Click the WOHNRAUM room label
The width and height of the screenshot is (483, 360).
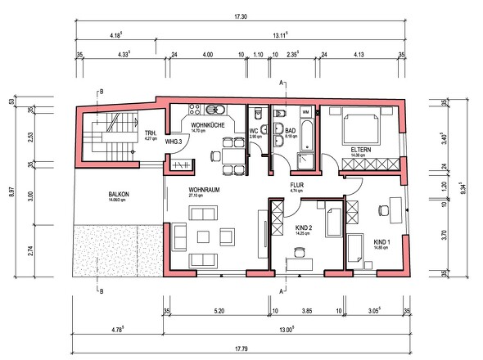185,190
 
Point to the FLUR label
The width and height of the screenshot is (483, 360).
296,186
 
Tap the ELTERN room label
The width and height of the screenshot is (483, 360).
361,150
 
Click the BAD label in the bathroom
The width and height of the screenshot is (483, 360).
290,128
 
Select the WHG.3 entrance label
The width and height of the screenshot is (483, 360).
174,142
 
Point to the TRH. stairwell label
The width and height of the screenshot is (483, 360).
151,133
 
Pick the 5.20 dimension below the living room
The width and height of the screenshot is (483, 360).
219,312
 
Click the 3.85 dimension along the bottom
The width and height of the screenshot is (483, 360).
308,312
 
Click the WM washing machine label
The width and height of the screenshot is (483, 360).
305,112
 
